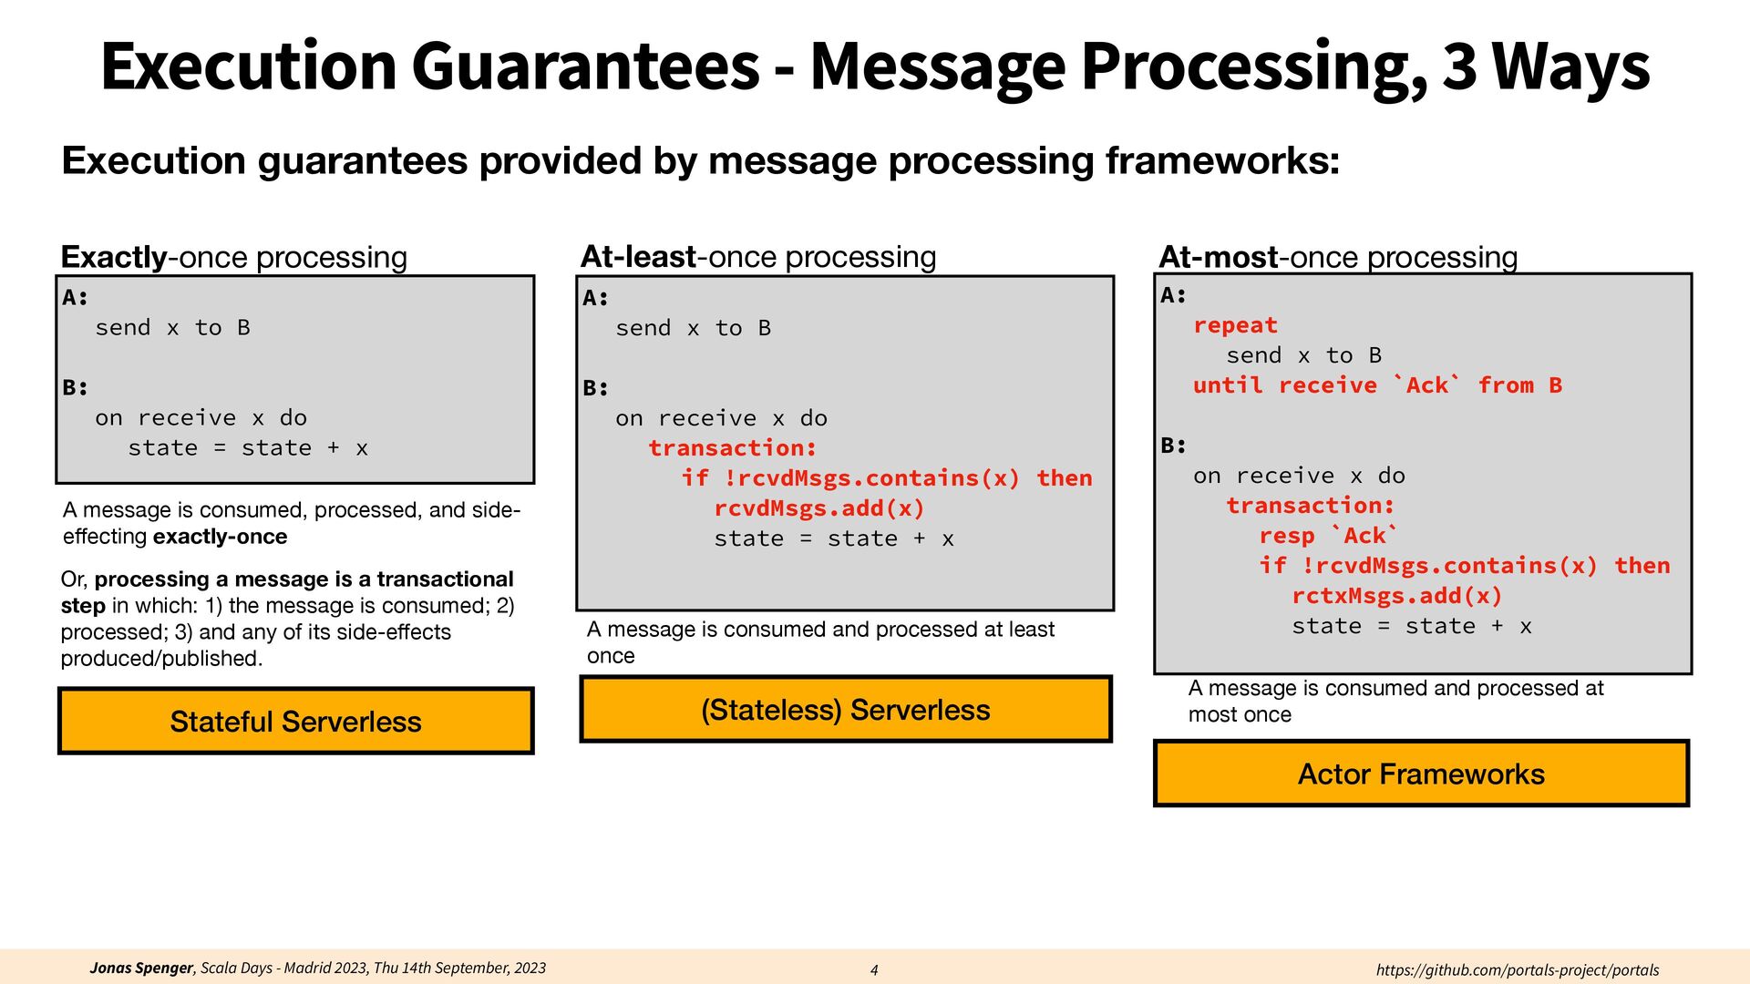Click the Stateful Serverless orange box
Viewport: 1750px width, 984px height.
tap(295, 722)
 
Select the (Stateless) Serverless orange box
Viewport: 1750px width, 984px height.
tap(845, 710)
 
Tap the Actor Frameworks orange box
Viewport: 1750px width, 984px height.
tap(1421, 774)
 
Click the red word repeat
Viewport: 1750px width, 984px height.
tap(1235, 325)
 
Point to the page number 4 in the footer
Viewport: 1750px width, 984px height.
tap(874, 970)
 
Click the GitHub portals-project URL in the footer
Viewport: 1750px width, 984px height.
tap(1517, 970)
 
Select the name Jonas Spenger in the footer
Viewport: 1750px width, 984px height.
tap(141, 968)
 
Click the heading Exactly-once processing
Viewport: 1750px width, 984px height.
tap(233, 257)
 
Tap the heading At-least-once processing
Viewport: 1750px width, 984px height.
tap(757, 257)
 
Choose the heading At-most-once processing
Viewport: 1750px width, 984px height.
tap(1337, 258)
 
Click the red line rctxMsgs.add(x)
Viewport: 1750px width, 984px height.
tap(1396, 596)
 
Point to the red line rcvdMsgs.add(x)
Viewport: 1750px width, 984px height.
tap(818, 508)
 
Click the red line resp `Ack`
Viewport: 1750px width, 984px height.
tap(1328, 536)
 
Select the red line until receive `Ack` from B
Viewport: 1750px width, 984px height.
tap(1377, 385)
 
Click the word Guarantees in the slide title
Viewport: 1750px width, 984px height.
tap(584, 67)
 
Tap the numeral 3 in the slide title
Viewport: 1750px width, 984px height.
tap(1459, 67)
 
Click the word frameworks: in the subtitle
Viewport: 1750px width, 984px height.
tap(1222, 161)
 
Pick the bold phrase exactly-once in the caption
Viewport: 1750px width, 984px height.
tap(220, 537)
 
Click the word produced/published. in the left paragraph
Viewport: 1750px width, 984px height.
tap(161, 659)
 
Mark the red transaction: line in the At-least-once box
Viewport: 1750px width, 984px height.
tap(732, 448)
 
